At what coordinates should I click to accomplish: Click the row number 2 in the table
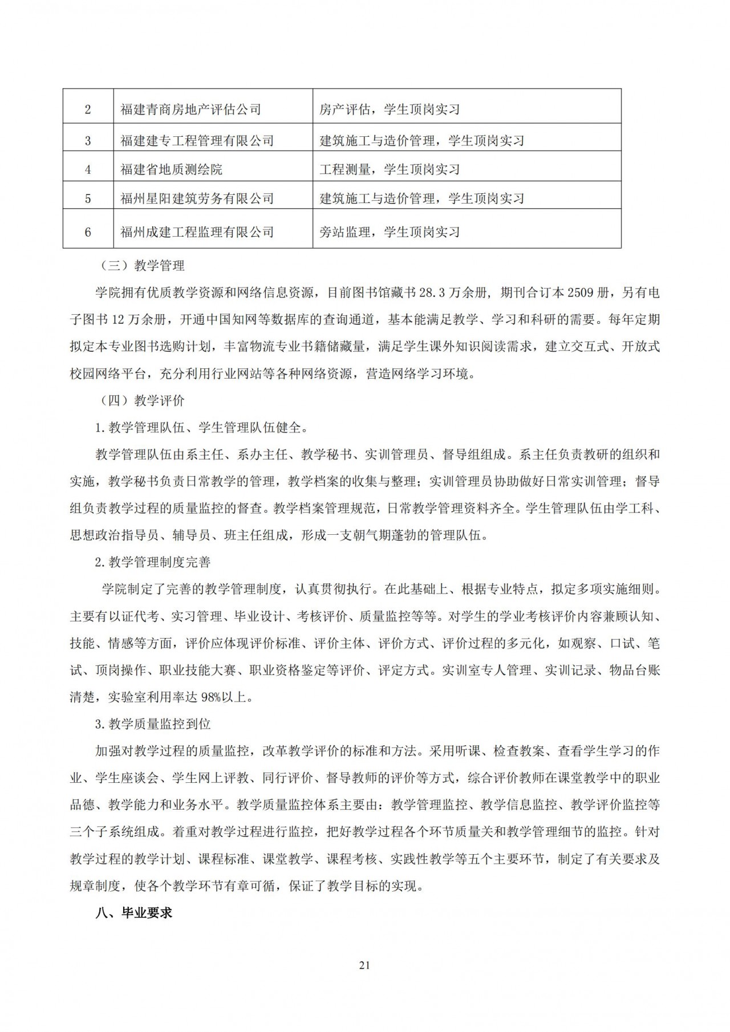88,109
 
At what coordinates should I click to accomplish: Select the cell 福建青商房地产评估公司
190,109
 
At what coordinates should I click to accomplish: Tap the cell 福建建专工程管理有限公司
197,140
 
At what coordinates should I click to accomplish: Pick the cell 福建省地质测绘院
171,169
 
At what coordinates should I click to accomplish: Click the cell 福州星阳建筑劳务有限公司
197,198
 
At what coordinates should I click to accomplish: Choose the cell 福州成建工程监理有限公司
197,231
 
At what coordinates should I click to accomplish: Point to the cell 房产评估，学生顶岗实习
390,109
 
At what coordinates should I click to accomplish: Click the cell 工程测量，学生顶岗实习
390,169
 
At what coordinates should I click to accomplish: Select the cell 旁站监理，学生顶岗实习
390,231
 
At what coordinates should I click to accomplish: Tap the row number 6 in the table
88,231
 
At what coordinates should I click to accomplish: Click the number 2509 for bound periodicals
581,293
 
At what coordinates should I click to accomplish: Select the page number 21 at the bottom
365,965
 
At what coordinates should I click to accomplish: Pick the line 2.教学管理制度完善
153,562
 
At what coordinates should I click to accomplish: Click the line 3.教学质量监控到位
153,724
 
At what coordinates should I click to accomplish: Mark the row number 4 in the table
88,169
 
